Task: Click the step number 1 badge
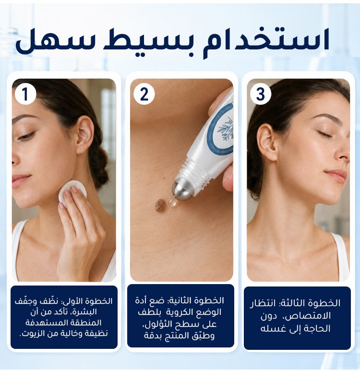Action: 25,94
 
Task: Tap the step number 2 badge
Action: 144,94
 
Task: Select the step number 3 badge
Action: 261,94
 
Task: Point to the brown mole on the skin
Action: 160,204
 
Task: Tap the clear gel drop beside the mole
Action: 173,201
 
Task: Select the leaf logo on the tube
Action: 226,129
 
